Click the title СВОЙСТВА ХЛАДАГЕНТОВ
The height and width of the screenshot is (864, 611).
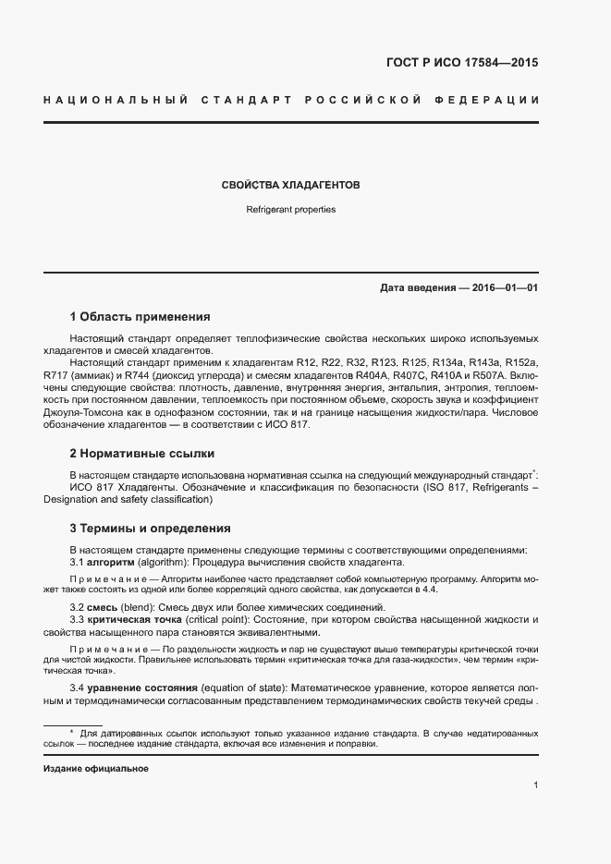coord(290,186)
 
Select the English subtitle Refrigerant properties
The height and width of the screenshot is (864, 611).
coord(290,210)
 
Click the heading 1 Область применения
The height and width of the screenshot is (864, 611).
coord(141,316)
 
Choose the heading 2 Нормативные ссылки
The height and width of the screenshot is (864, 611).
coord(142,454)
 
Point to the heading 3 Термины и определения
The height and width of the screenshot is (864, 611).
coord(150,529)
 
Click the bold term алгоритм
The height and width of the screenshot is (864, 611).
coord(110,562)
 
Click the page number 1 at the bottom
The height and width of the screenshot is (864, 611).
coord(535,785)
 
